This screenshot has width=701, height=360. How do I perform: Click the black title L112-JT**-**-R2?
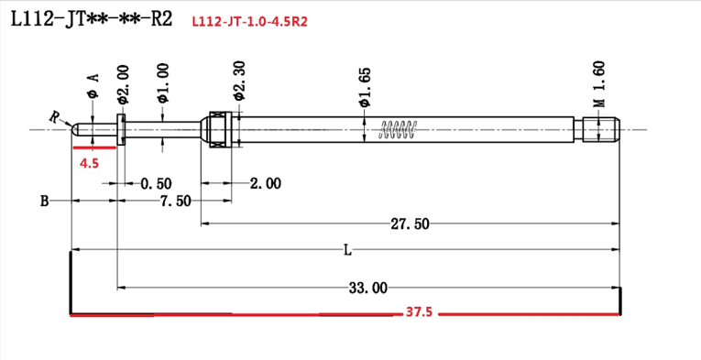(x=92, y=18)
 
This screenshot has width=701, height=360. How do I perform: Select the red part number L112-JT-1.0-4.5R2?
(x=249, y=22)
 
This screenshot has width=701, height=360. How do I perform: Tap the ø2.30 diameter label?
(x=239, y=81)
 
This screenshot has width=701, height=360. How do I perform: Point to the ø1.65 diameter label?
(x=365, y=87)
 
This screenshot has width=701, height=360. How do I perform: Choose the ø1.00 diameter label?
(x=163, y=83)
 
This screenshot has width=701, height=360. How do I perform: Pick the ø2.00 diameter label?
(x=123, y=85)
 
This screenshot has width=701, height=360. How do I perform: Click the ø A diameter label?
(x=93, y=85)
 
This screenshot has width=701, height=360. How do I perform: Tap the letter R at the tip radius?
(x=55, y=117)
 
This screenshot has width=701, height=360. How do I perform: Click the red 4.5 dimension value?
(x=89, y=163)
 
